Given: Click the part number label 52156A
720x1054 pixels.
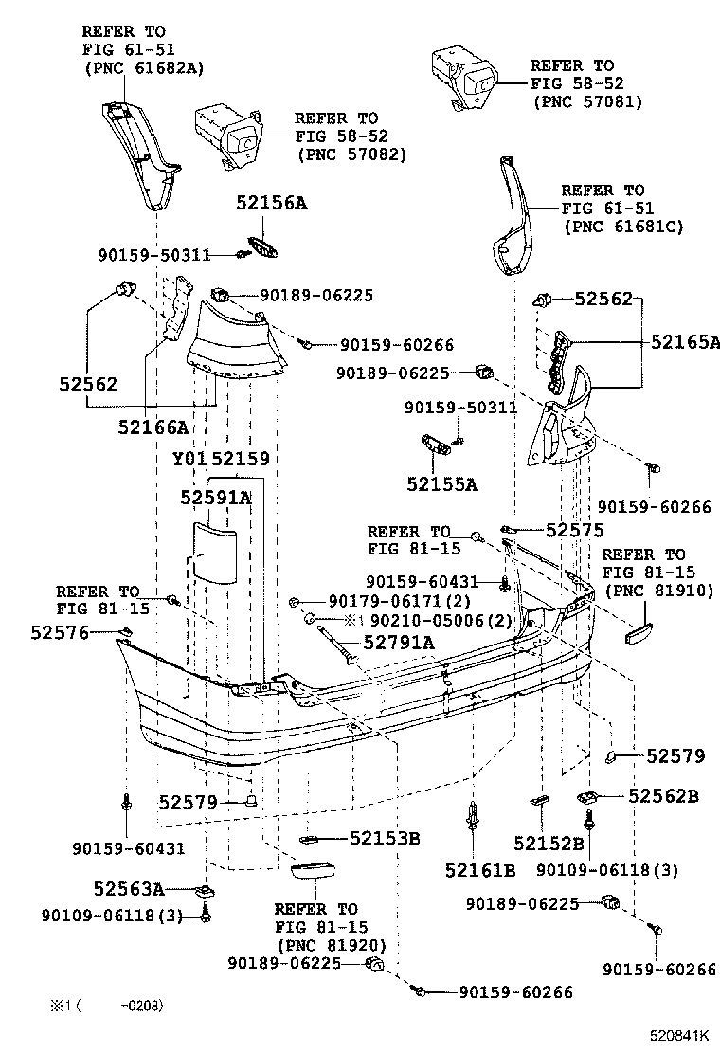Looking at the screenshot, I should tap(272, 204).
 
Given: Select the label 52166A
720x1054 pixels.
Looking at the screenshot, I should tap(153, 427).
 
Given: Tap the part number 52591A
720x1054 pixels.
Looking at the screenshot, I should tap(216, 498).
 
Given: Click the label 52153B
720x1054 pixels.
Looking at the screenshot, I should tap(385, 838).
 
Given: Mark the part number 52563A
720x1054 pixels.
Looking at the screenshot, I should tap(129, 888).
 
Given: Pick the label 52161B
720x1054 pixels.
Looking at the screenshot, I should tap(479, 869).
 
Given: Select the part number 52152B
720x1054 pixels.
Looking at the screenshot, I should tap(549, 843).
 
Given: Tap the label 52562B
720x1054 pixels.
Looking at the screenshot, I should tap(663, 796).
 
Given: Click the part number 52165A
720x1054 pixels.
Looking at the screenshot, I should tap(686, 342).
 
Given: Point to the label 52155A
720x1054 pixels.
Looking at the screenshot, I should tap(442, 484).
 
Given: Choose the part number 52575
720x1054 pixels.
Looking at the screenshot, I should tap(572, 531).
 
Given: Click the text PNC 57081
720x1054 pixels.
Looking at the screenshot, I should tap(587, 101).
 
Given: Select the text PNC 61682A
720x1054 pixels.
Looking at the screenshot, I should tap(143, 67).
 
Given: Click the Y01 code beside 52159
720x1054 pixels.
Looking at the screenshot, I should tap(189, 459).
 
